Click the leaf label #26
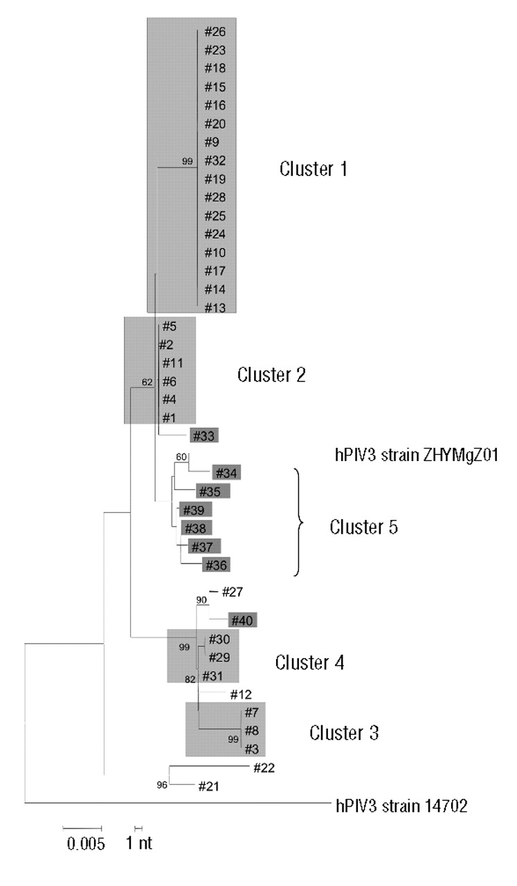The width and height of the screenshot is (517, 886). coord(215,32)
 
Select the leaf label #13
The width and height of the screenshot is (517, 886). coord(215,308)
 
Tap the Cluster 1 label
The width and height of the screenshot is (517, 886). coord(312,169)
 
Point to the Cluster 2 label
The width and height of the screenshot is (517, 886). coord(271,375)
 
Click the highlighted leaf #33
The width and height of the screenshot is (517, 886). coord(205,436)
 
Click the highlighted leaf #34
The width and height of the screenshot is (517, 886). coord(226,473)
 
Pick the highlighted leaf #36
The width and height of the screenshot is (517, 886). coord(215,566)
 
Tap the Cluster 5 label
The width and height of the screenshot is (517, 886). coord(363,527)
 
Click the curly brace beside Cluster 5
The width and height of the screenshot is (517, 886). coord(300,522)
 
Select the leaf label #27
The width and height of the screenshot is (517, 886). coord(234,593)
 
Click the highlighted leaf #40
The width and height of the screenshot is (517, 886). coord(243,620)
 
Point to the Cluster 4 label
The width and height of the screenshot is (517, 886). coord(309,662)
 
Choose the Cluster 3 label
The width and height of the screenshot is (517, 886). coord(343,732)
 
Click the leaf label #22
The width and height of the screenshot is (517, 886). coord(264,767)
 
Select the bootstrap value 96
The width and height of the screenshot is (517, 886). coord(163,785)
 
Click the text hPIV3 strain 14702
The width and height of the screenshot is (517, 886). coord(394,805)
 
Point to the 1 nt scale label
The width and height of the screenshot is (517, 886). coord(138,843)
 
